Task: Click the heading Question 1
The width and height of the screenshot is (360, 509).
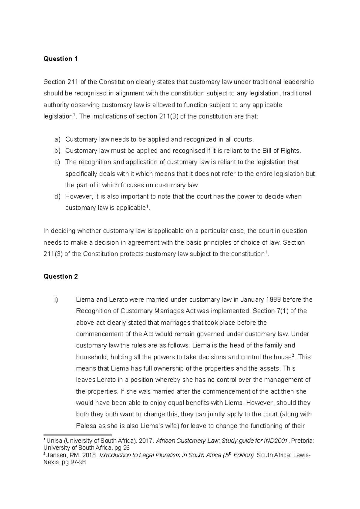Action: [x=61, y=59]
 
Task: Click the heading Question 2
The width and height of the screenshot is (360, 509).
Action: [x=61, y=276]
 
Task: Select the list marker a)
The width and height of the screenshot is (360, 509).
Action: [x=57, y=139]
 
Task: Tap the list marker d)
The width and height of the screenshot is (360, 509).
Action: [x=57, y=197]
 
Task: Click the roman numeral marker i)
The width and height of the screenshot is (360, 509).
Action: [x=56, y=300]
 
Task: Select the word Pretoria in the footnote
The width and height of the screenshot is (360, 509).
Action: [x=302, y=441]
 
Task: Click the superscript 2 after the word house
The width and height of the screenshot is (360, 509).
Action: [x=293, y=355]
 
